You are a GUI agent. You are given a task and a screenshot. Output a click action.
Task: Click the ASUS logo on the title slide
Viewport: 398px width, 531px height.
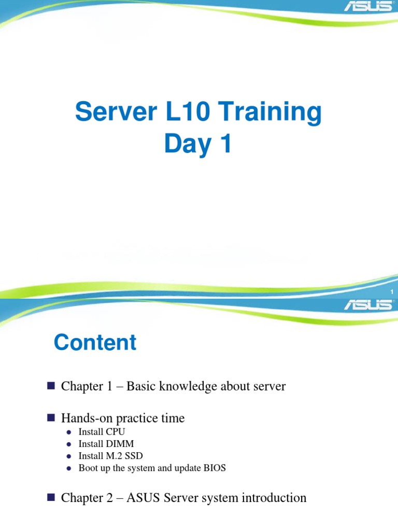pyautogui.click(x=368, y=8)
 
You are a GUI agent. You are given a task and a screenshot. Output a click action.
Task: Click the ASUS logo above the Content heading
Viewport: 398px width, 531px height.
pyautogui.click(x=368, y=304)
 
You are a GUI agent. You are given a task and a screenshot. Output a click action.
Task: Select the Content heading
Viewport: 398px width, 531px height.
pyautogui.click(x=95, y=343)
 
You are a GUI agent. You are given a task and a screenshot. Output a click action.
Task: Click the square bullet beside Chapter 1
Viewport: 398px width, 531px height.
pyautogui.click(x=51, y=386)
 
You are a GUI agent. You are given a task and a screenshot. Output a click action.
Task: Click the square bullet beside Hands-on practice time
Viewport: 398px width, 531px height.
pyautogui.click(x=51, y=417)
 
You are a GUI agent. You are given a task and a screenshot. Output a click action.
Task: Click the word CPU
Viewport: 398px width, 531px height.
pyautogui.click(x=116, y=431)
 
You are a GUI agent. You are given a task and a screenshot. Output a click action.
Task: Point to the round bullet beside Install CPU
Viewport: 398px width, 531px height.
pyautogui.click(x=69, y=432)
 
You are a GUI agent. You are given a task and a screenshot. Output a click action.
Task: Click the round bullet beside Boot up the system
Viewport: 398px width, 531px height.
pyautogui.click(x=69, y=469)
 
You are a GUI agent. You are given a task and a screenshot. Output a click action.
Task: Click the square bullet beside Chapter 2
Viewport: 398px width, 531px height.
pyautogui.click(x=51, y=498)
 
